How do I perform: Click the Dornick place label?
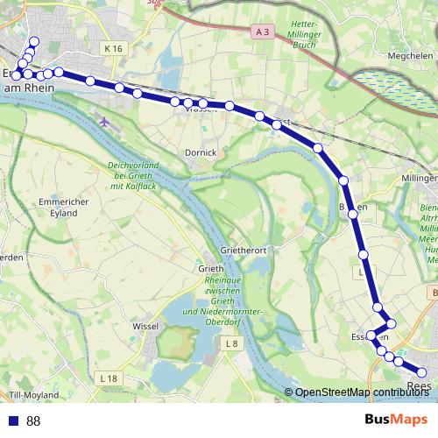coord(201,152)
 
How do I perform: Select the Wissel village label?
coord(145,326)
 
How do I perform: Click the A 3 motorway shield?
coord(261,32)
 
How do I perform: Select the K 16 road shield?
coord(111,49)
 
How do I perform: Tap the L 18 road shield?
coord(108,378)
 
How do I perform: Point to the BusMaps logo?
coord(396,420)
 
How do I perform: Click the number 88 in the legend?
coord(33,421)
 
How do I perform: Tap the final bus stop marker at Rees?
coord(422,374)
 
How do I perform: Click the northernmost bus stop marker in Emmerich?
coord(35,41)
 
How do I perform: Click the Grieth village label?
coord(211,268)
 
